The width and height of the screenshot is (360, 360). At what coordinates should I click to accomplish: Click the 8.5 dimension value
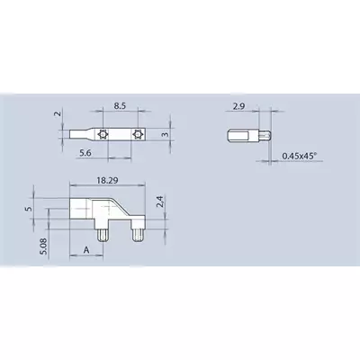point(120,106)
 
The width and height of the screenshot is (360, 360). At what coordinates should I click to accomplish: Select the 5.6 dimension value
point(85,153)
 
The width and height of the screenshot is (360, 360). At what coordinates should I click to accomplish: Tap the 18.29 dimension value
point(107,180)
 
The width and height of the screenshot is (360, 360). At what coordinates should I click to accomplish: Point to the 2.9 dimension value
point(238,106)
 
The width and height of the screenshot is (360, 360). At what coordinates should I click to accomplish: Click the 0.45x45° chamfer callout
point(300,156)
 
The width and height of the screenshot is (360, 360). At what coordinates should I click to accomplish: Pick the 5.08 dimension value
point(44,247)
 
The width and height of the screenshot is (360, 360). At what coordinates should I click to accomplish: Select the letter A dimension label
point(86,250)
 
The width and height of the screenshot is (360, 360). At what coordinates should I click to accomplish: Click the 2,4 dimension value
point(160,202)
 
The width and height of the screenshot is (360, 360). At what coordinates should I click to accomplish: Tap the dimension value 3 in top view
point(166,134)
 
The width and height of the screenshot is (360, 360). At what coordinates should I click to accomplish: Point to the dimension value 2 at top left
point(58,113)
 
